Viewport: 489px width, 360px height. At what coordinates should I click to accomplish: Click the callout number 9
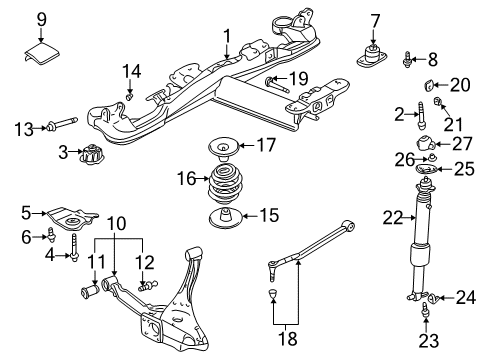42,18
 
